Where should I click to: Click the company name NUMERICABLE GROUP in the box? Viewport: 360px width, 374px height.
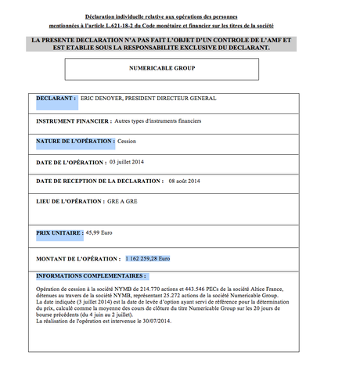(162, 69)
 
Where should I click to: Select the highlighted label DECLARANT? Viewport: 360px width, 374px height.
(56, 99)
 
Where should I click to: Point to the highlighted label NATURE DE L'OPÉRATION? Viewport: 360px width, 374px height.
(75, 142)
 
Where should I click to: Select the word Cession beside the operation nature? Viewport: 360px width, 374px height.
(127, 142)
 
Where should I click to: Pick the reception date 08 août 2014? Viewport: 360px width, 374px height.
(185, 182)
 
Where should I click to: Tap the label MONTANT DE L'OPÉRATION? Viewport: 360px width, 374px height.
(77, 257)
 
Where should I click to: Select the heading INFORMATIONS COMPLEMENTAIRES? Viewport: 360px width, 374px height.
(91, 276)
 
